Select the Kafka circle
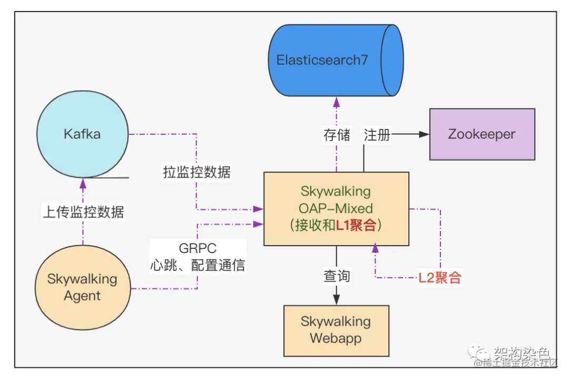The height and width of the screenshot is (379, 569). (x=82, y=133)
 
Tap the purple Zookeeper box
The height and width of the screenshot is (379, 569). (x=482, y=134)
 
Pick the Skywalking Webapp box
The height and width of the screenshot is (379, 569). (x=336, y=330)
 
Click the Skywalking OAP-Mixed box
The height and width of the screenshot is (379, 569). (x=336, y=208)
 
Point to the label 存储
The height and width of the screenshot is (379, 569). (x=337, y=135)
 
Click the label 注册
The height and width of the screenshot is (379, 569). (x=377, y=134)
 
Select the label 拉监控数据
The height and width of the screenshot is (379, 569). (x=197, y=172)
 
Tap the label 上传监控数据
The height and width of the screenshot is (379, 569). (x=83, y=212)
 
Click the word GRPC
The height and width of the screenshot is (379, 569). (x=198, y=248)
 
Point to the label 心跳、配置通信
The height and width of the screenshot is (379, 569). (x=198, y=265)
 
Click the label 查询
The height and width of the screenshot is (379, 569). (x=337, y=275)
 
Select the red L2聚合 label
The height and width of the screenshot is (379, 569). (x=440, y=278)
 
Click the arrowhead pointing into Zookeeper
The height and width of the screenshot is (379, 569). (x=424, y=134)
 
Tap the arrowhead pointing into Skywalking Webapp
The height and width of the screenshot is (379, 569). (x=336, y=300)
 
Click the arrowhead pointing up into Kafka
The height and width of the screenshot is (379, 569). (x=83, y=183)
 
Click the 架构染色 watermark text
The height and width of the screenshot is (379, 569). (x=522, y=352)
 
